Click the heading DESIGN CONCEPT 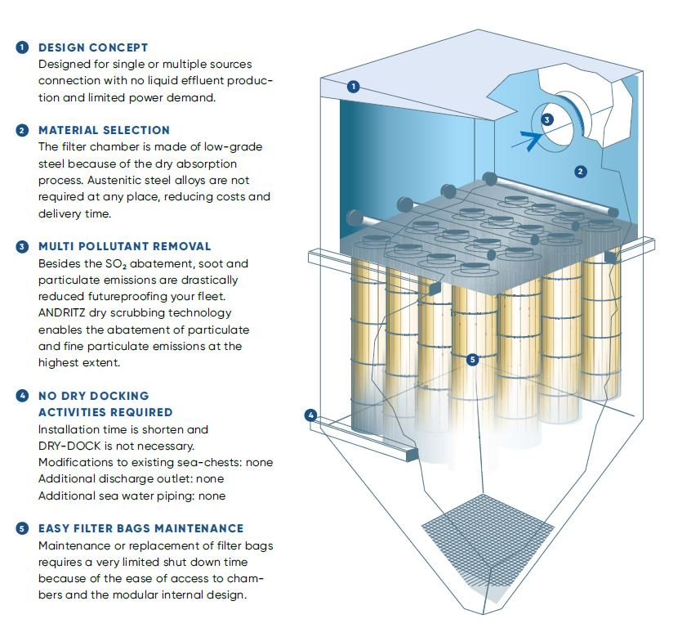point(93,47)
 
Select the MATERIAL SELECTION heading point(104,130)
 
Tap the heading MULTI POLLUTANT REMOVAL point(124,246)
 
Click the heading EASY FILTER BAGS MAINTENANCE point(140,529)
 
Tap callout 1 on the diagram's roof point(354,86)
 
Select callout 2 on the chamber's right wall point(580,172)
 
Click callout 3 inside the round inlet point(547,119)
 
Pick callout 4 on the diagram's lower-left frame point(310,415)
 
